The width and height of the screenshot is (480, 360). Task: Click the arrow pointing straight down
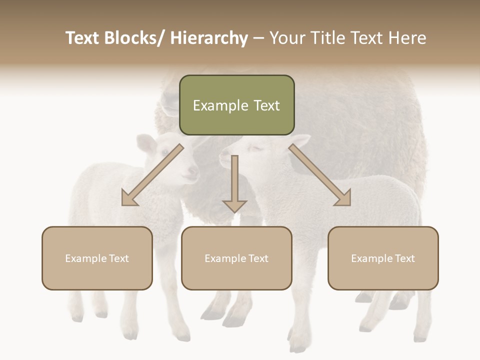click(x=234, y=185)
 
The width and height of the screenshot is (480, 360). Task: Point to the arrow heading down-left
click(x=152, y=175)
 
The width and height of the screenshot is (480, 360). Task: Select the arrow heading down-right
click(x=320, y=175)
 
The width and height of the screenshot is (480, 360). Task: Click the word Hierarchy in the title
click(x=209, y=38)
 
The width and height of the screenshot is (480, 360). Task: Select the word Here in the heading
click(x=406, y=38)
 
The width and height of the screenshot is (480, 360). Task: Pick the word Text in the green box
click(x=266, y=105)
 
